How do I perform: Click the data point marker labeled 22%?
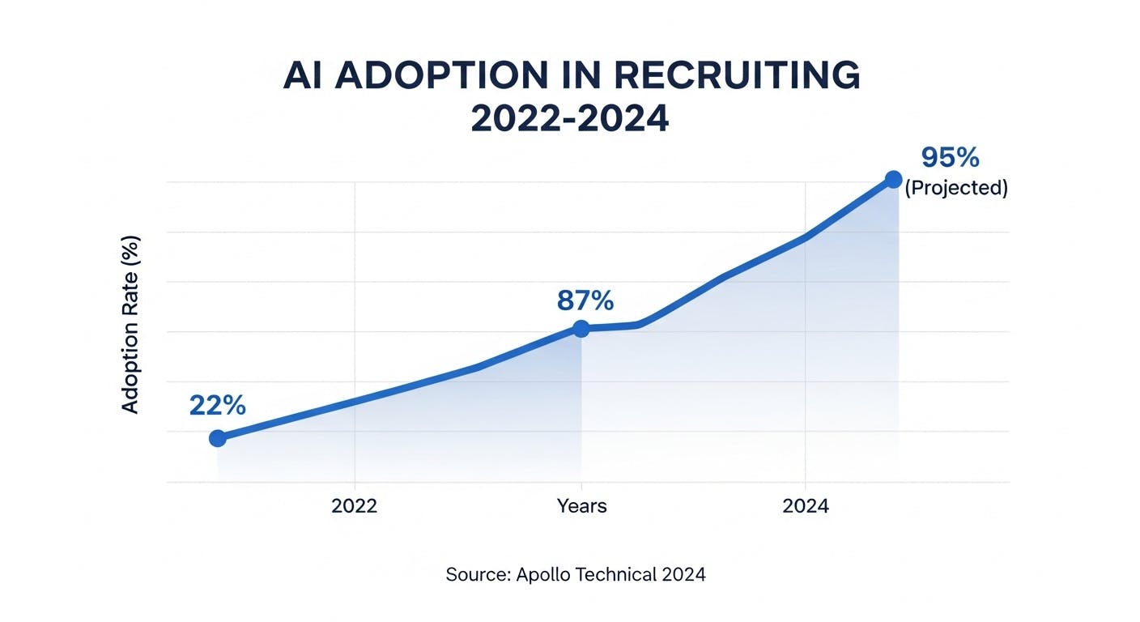click(217, 438)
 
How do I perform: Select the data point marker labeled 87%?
click(581, 328)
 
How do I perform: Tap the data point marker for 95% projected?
click(893, 179)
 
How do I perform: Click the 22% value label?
click(217, 405)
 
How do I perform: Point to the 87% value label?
click(585, 300)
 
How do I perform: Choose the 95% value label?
click(950, 156)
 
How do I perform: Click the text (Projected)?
click(955, 188)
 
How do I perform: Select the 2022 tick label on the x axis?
click(355, 506)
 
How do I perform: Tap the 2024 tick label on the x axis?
click(806, 506)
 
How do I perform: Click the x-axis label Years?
click(581, 506)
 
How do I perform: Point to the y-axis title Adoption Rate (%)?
click(130, 325)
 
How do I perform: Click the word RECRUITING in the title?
click(737, 76)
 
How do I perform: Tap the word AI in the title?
click(304, 76)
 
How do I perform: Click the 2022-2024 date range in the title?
click(570, 118)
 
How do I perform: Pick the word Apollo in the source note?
click(547, 574)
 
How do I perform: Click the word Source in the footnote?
click(477, 574)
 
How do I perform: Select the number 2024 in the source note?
click(684, 574)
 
